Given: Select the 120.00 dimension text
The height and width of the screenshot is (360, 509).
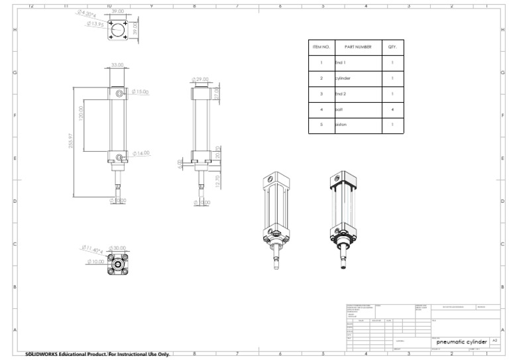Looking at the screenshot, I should click(81, 113).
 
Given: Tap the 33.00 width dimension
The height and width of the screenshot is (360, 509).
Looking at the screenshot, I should click(117, 65).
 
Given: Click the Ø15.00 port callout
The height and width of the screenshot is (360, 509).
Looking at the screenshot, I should click(140, 91).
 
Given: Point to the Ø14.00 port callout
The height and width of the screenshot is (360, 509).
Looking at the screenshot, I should click(141, 153).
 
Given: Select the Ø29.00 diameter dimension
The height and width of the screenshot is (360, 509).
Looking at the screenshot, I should click(199, 79).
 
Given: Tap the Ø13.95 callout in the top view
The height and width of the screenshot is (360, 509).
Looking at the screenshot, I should click(95, 24).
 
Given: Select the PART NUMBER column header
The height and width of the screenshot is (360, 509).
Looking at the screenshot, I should click(358, 47).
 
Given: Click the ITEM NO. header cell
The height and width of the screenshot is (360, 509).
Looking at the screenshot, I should click(321, 47).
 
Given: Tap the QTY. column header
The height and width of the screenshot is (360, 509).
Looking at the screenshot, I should click(392, 47).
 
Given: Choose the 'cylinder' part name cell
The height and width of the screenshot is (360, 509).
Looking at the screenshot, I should click(343, 78).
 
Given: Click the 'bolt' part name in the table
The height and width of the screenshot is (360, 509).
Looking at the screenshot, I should click(339, 109).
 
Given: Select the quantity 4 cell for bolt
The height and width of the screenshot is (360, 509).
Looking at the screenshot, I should click(392, 109).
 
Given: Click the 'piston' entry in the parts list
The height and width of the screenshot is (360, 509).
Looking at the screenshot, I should click(341, 124).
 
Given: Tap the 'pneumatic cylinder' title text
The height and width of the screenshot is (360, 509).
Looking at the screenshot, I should click(461, 341).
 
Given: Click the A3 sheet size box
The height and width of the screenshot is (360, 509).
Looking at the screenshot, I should click(494, 339).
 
